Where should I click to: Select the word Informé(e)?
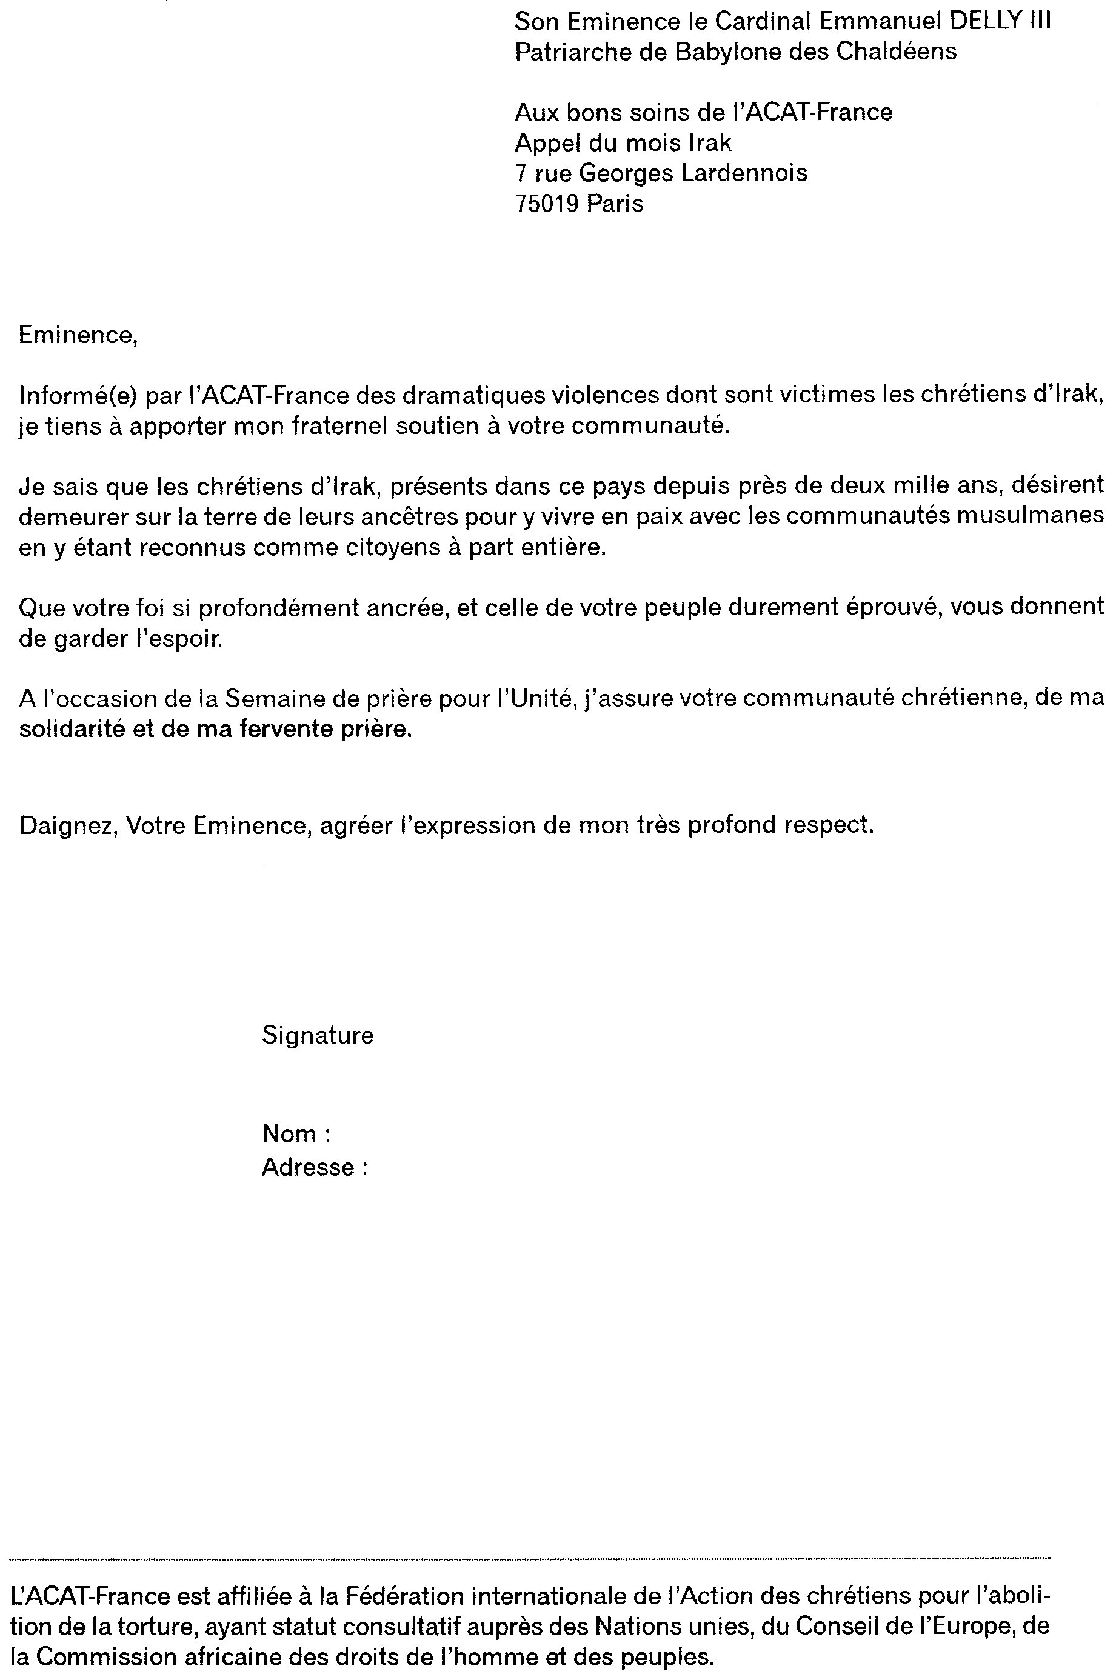coord(77,395)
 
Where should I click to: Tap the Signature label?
coord(318,1035)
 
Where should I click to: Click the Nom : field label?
coord(296,1133)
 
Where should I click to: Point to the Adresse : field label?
coord(315,1167)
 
